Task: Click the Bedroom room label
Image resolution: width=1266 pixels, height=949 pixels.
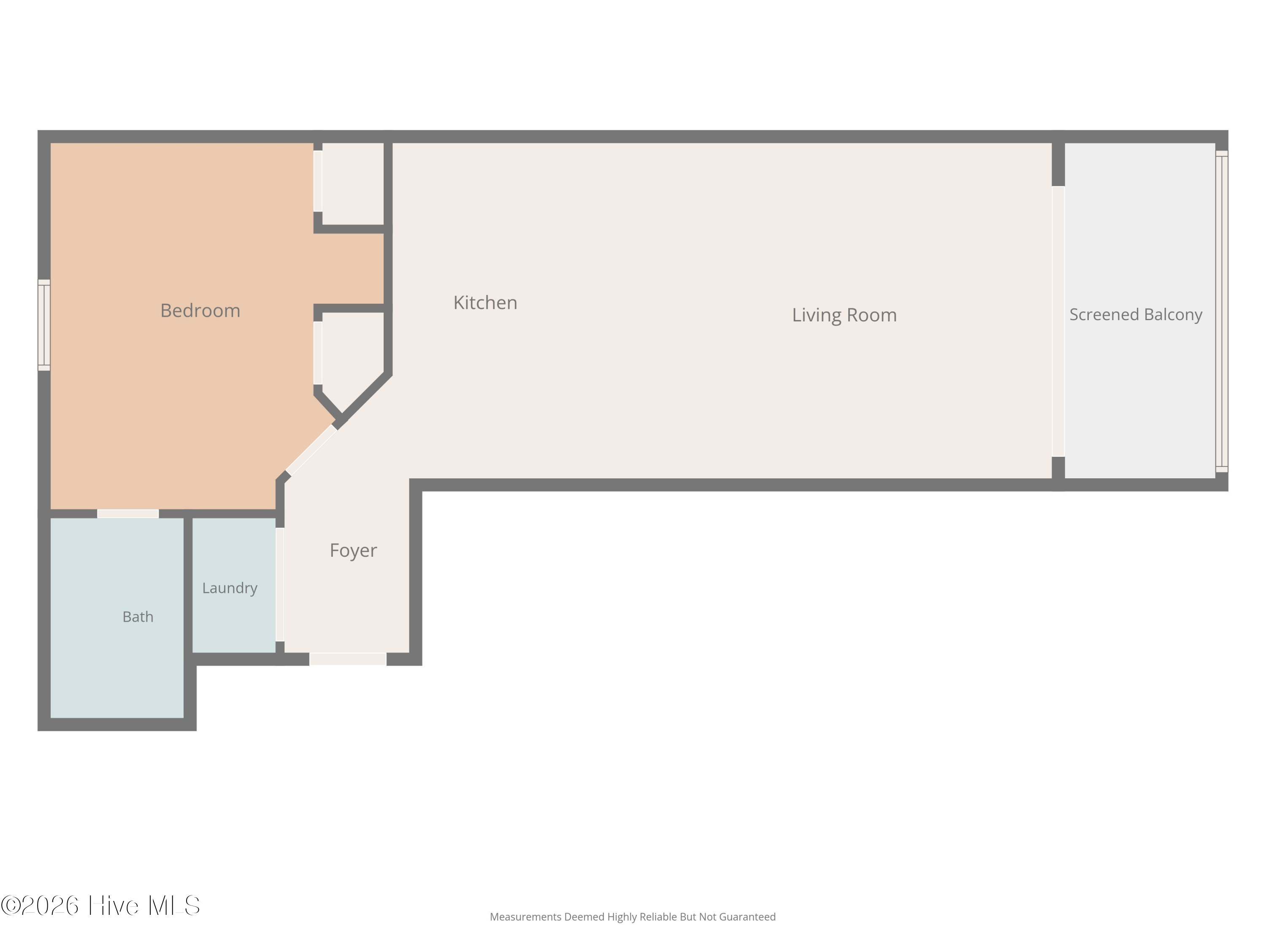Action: pyautogui.click(x=200, y=310)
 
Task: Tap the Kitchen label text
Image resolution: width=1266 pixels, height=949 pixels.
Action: pyautogui.click(x=485, y=302)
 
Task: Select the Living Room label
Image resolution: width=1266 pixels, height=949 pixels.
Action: pyautogui.click(x=844, y=315)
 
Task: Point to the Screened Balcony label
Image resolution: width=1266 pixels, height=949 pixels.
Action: pyautogui.click(x=1136, y=315)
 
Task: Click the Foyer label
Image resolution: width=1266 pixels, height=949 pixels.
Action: pyautogui.click(x=353, y=550)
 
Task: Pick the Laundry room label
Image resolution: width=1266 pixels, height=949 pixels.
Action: pyautogui.click(x=230, y=588)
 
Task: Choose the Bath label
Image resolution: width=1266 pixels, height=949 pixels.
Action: pyautogui.click(x=138, y=617)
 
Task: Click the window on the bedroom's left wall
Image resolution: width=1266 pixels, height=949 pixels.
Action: pyautogui.click(x=44, y=325)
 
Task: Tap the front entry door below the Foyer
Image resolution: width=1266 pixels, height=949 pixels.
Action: pyautogui.click(x=348, y=659)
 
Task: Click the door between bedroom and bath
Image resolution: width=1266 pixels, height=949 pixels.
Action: pyautogui.click(x=127, y=514)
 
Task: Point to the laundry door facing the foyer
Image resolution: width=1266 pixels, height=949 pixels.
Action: pyautogui.click(x=280, y=584)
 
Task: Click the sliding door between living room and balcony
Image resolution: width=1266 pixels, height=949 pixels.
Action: pyautogui.click(x=1058, y=321)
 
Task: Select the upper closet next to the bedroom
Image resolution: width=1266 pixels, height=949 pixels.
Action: pyautogui.click(x=353, y=183)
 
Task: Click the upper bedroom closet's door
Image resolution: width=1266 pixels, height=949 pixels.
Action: pyautogui.click(x=318, y=181)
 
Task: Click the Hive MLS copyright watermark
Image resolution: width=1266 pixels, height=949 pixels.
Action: pyautogui.click(x=101, y=906)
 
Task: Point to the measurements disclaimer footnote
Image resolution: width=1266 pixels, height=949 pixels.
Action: pyautogui.click(x=633, y=917)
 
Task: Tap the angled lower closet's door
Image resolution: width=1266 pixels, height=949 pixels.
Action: pyautogui.click(x=318, y=353)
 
